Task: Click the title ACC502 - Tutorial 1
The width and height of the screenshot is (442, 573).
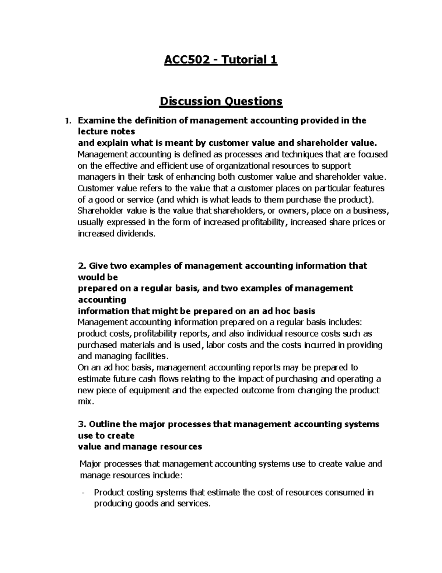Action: [x=221, y=59]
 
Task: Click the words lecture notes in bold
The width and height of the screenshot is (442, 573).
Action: [x=106, y=132]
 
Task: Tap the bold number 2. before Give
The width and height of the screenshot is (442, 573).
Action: [x=82, y=266]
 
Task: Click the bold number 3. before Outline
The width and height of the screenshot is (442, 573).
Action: [x=82, y=424]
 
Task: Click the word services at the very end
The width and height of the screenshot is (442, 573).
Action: [x=194, y=504]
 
